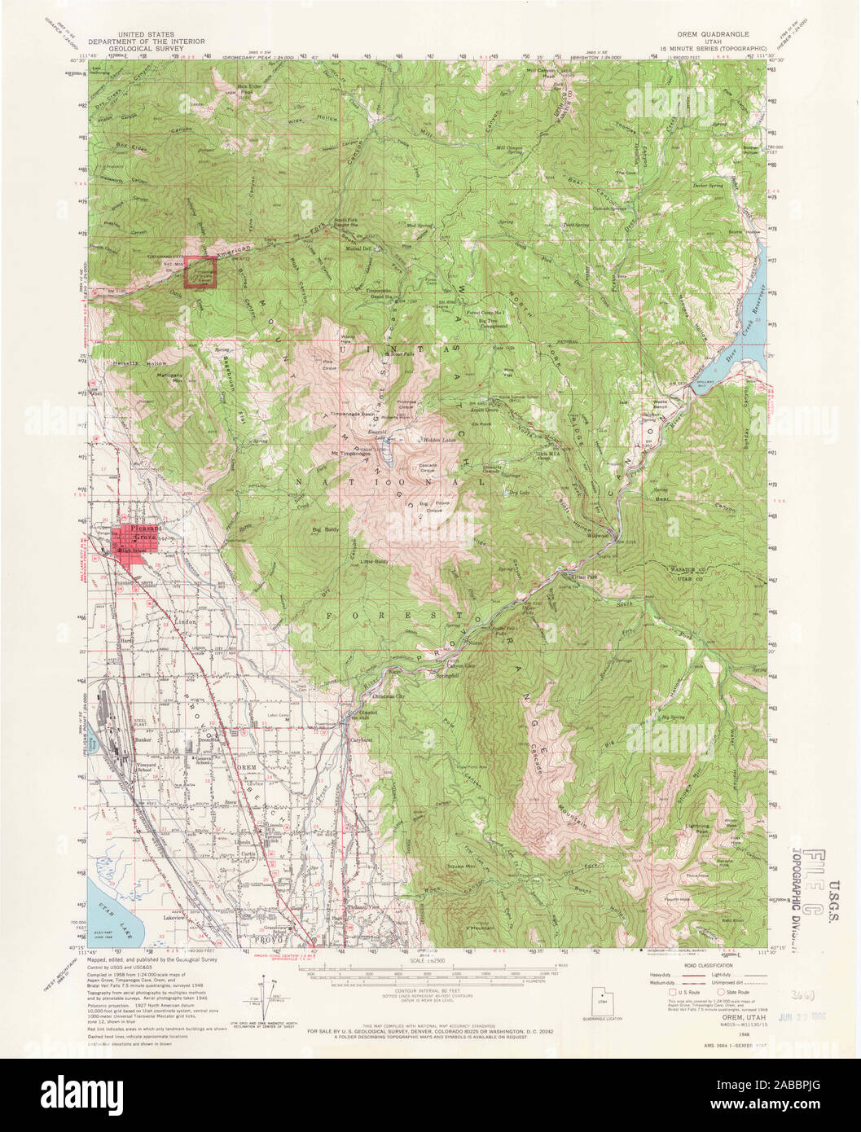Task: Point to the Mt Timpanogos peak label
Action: point(346,453)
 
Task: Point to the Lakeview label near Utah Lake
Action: point(174,918)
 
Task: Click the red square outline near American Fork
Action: point(200,272)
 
